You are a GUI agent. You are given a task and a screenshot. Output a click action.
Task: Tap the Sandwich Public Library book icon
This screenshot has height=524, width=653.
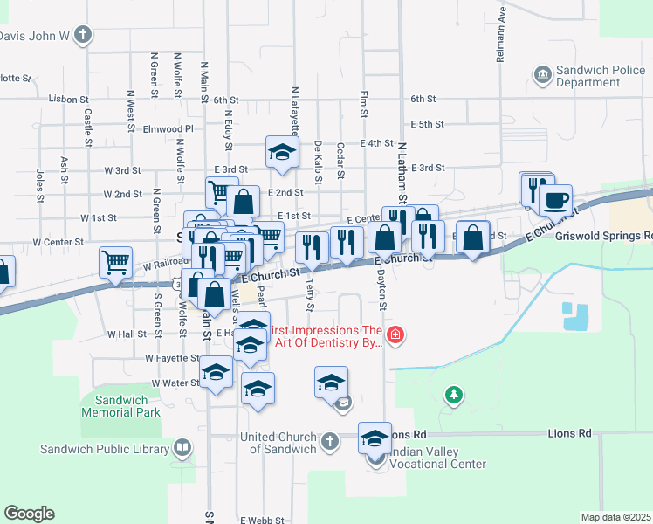tap(182, 450)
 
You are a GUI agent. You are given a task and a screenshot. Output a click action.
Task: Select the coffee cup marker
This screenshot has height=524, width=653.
tap(555, 201)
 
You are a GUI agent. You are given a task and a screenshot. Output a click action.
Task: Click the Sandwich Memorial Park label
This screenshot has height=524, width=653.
tap(120, 406)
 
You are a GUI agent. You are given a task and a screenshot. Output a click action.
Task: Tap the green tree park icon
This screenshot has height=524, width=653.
tap(453, 396)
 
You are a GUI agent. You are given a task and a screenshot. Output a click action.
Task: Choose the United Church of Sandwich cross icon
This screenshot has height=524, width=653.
tap(330, 441)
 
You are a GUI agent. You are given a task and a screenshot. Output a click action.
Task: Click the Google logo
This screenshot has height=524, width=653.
tap(29, 514)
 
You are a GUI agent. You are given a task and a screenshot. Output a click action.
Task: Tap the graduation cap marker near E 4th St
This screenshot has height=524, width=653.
tap(282, 152)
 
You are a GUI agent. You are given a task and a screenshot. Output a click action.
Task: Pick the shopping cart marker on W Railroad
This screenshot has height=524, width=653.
tap(115, 262)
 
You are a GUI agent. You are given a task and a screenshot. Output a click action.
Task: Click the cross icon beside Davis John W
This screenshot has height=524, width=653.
tap(83, 36)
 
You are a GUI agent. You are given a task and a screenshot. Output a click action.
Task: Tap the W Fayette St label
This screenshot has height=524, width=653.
tap(173, 358)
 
